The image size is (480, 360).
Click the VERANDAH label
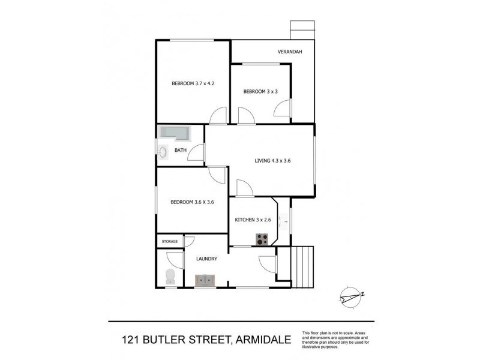[x=289, y=52]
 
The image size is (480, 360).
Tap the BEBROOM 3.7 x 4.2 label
[x=193, y=83]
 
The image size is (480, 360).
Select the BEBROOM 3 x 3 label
[x=260, y=91]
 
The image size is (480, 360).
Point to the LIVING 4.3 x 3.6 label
[x=272, y=160]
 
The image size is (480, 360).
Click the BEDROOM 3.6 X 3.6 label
[x=192, y=202]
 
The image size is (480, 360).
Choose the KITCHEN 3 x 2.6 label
[x=253, y=220]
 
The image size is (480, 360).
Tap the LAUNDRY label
[x=206, y=259]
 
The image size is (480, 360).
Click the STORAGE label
[x=170, y=241]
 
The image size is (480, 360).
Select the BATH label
[x=181, y=151]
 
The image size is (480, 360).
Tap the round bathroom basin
[x=163, y=152]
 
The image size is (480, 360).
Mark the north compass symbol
[x=350, y=295]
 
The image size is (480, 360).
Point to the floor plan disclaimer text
[x=337, y=340]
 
